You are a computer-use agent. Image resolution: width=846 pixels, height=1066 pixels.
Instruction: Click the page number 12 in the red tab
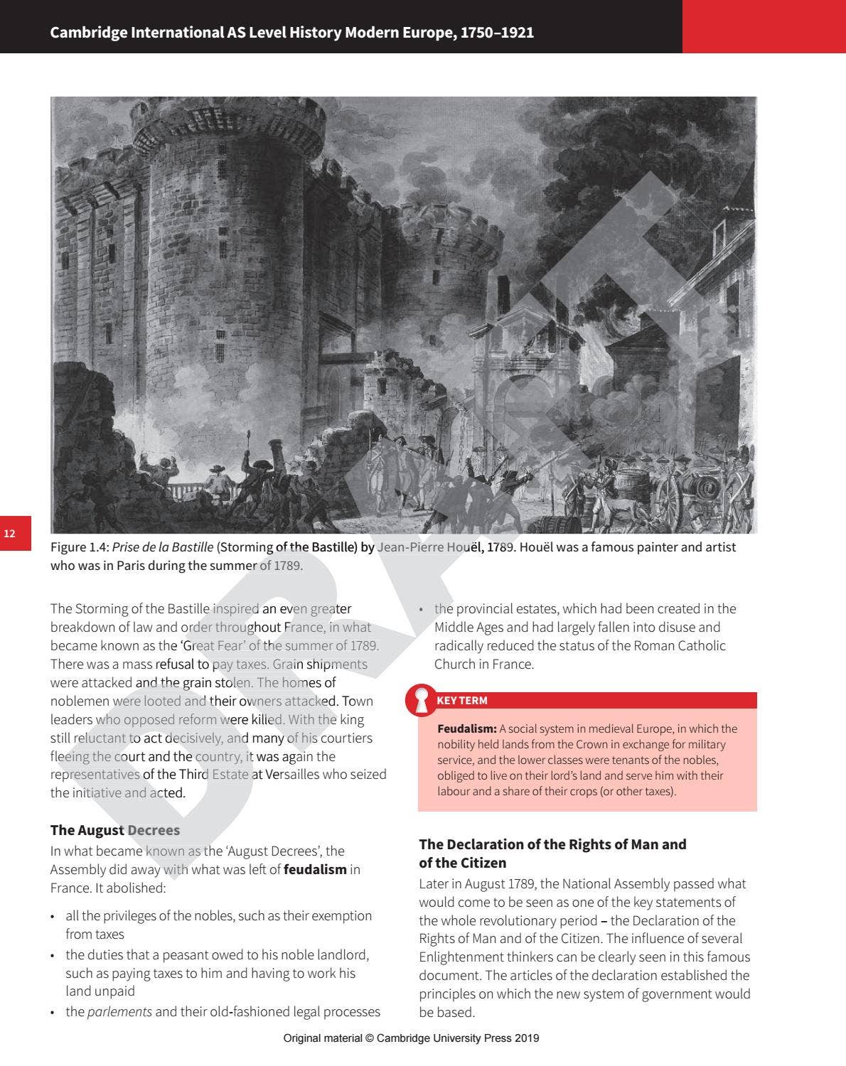pos(9,534)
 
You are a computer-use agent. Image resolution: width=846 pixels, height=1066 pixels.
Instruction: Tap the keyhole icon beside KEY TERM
pos(422,701)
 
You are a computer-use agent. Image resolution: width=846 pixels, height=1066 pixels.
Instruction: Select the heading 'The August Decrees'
pos(115,830)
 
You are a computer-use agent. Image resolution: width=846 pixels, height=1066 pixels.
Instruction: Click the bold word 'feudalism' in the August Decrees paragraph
pos(315,869)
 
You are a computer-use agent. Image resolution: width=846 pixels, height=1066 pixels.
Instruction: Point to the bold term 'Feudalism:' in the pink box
pos(467,729)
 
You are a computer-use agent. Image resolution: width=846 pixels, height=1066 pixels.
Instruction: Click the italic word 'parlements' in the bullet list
pos(119,1011)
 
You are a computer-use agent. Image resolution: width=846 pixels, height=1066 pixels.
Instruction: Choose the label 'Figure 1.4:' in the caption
pos(80,547)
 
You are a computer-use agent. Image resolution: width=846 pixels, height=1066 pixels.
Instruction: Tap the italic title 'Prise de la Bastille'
pos(163,547)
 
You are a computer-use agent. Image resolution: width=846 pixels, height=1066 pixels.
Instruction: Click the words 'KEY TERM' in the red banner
pos(462,701)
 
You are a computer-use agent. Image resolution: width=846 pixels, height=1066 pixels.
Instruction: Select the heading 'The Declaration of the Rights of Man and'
pos(552,844)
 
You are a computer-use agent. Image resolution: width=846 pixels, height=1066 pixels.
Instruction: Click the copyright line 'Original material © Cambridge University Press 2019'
pos(411,1038)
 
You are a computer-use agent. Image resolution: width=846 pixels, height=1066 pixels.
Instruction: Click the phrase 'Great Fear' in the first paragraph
pos(212,646)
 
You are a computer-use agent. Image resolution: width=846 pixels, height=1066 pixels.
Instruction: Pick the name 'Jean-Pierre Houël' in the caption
pos(429,547)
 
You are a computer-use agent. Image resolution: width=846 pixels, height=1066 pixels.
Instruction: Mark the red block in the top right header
pos(764,26)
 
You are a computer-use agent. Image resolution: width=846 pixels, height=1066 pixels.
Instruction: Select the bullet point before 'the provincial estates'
pos(422,609)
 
